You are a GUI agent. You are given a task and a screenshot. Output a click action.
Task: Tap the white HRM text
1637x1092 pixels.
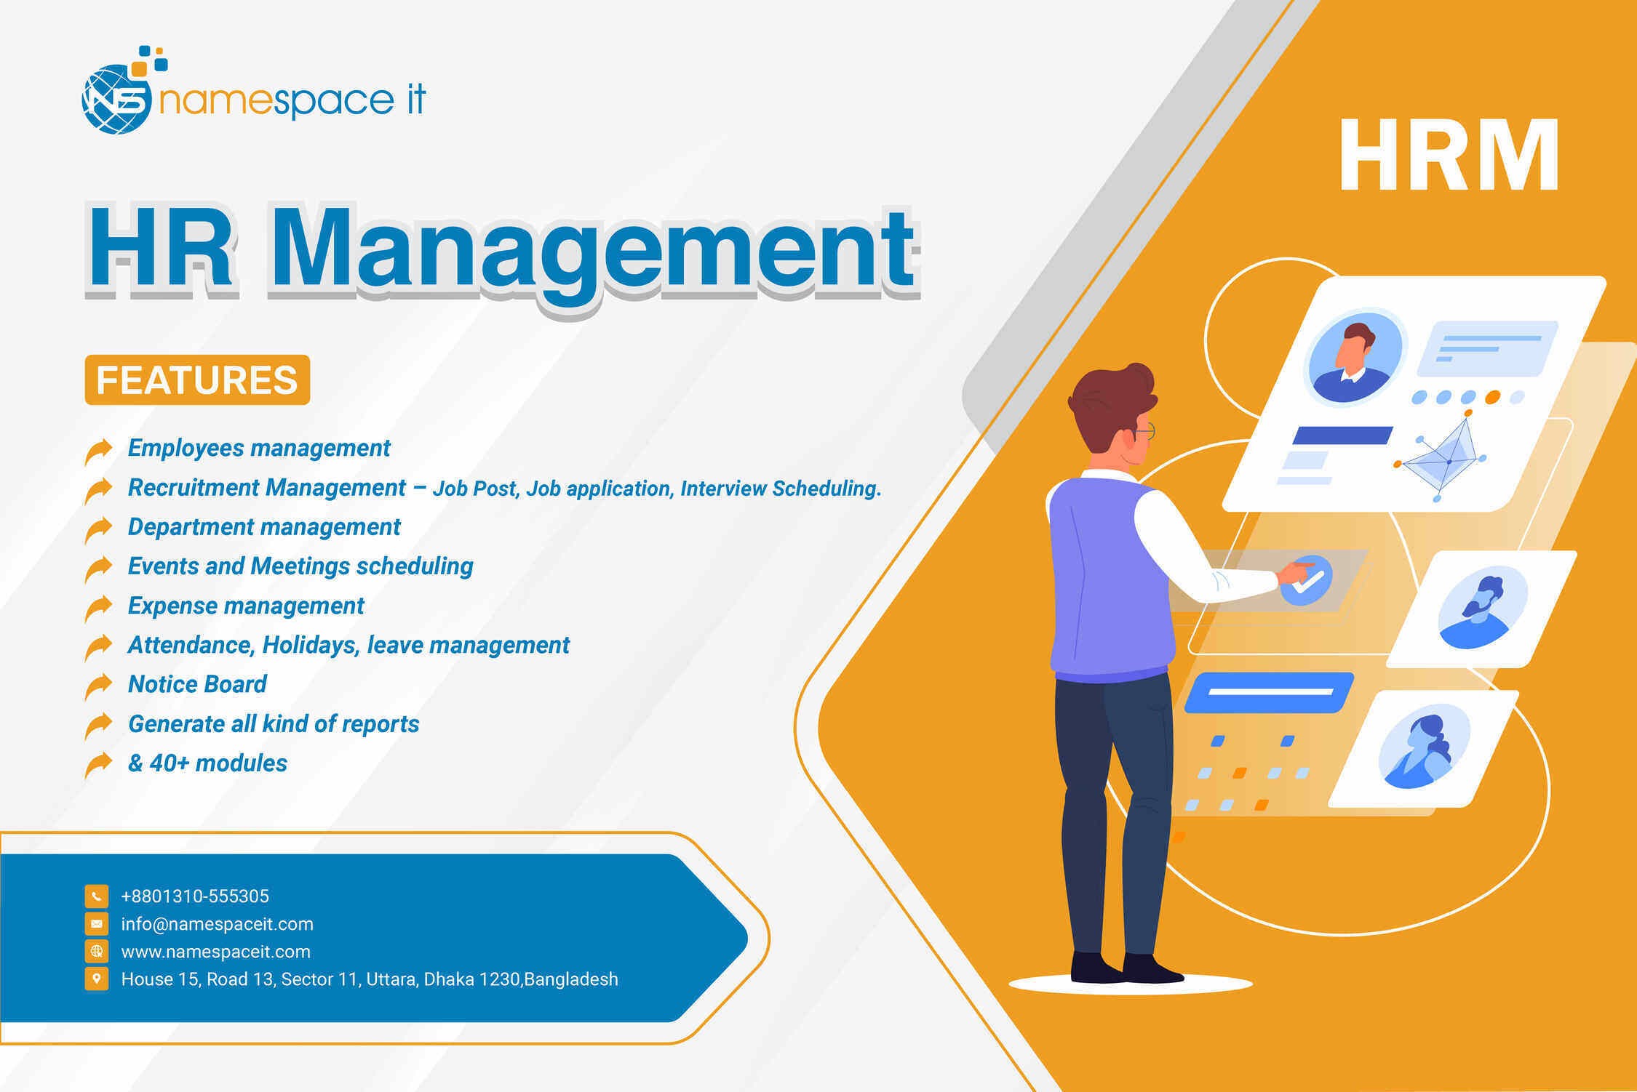tap(1449, 156)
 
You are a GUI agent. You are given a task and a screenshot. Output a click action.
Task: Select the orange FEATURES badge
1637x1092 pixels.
tap(197, 380)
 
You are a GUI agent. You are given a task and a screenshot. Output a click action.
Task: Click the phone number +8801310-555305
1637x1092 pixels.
tap(195, 896)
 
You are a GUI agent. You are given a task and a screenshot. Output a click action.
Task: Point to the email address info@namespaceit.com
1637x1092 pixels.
tap(217, 924)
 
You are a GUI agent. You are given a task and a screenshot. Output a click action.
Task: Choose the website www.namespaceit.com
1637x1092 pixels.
tap(215, 952)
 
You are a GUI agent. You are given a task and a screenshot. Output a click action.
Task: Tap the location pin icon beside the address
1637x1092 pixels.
tap(97, 979)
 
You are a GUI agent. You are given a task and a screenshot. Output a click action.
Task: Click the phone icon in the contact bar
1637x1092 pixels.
tap(97, 896)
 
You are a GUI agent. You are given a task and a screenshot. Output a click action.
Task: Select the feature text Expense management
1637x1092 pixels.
tap(246, 606)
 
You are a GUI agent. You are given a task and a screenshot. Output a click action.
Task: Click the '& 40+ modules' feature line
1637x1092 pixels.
tap(207, 763)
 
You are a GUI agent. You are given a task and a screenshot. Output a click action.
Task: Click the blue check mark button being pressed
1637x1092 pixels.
tap(1307, 580)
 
